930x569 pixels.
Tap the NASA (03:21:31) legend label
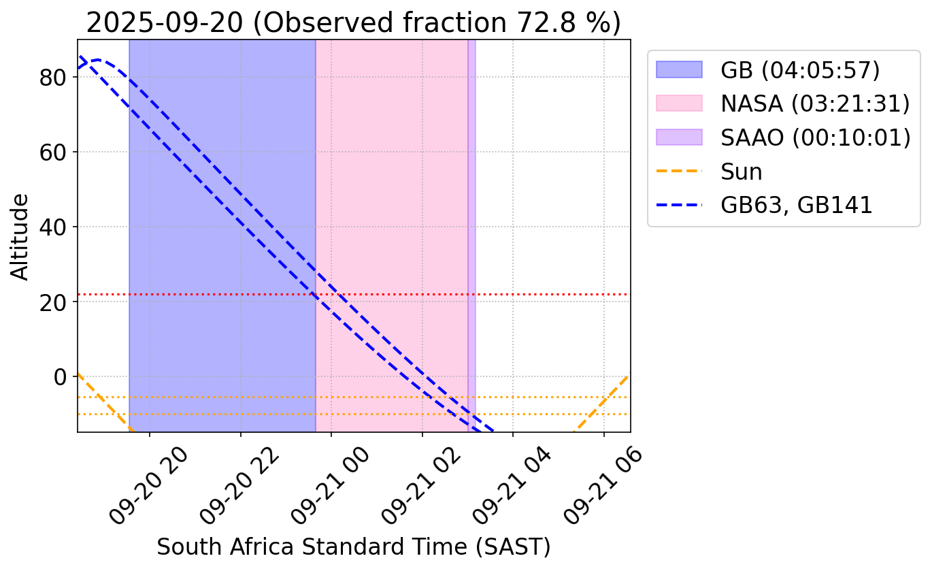point(815,103)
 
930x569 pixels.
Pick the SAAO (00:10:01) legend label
point(815,137)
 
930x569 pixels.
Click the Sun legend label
point(742,172)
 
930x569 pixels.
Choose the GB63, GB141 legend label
point(796,206)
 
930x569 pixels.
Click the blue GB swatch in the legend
point(678,69)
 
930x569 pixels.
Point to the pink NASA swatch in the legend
point(678,103)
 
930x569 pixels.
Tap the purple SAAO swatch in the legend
point(678,137)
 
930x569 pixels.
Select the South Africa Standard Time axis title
point(353,547)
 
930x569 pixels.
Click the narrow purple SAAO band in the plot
point(471,235)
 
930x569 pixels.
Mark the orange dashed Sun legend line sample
point(678,172)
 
